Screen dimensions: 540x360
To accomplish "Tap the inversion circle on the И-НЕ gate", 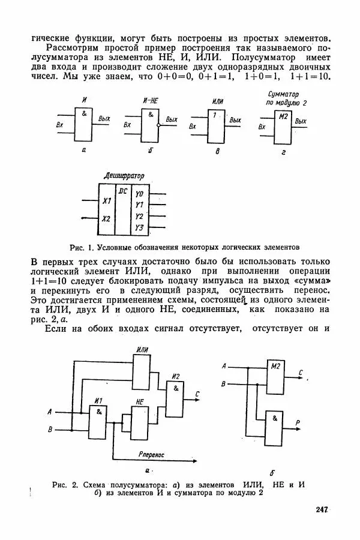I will coord(158,125).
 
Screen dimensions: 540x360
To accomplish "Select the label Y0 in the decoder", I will coord(139,193).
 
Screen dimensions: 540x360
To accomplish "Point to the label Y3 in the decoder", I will coord(139,227).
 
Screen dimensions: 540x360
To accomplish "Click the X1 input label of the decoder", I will coord(106,200).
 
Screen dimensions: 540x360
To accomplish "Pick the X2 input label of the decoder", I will coord(106,219).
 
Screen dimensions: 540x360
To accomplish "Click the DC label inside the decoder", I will coord(123,191).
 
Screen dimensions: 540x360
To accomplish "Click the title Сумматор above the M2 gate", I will coord(283,95).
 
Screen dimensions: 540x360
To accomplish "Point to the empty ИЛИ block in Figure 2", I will coord(142,373).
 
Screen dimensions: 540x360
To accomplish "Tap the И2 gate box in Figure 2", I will coord(176,399).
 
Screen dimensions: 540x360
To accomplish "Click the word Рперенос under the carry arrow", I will coord(151,455).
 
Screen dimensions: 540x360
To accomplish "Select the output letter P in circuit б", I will coord(298,423).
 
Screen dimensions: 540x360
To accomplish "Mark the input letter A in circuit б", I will coord(224,366).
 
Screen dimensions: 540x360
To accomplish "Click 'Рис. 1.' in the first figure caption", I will coord(80,247).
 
